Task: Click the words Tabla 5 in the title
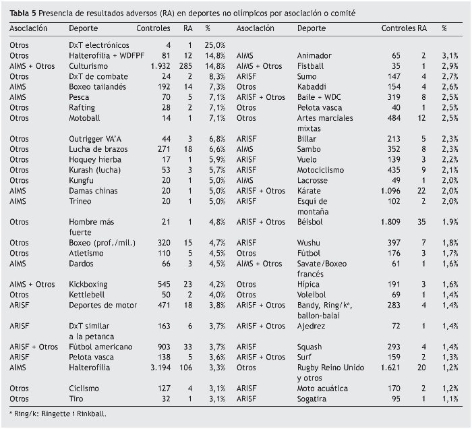tap(22, 13)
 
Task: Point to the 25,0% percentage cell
tap(216, 45)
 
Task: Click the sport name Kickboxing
tap(89, 285)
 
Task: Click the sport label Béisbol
tap(311, 221)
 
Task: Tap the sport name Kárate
tap(309, 191)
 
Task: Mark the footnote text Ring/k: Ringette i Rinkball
tap(59, 413)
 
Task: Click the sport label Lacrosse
tap(314, 181)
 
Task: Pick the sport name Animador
tap(315, 56)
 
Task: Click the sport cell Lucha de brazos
tap(99, 149)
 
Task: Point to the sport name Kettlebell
tap(88, 295)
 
